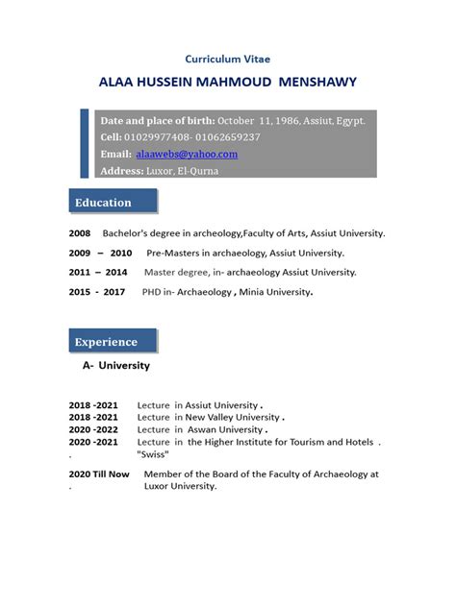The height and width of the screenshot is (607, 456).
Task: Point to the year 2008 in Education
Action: pos(79,233)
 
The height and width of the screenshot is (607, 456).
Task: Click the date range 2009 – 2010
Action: pos(100,253)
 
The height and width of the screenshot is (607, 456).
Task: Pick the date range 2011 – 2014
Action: pos(97,272)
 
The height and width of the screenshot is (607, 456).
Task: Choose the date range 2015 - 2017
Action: pos(97,292)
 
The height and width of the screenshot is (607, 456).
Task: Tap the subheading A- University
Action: pos(115,366)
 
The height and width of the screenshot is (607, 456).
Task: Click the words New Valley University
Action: pos(230,418)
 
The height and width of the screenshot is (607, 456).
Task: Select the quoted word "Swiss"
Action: pos(154,453)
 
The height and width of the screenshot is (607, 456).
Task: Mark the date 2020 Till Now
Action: pos(98,474)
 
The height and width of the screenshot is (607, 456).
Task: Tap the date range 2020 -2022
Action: pos(93,430)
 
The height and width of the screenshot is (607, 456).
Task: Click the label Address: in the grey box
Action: pos(124,171)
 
